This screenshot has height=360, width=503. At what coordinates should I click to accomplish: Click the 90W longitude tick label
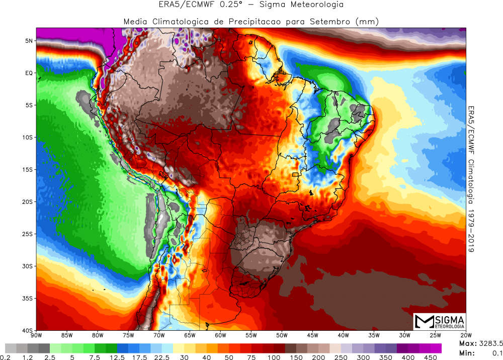coord(36,335)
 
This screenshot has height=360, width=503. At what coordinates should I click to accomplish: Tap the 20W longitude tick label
coord(466,335)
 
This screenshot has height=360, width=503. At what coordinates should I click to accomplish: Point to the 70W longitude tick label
coord(158,335)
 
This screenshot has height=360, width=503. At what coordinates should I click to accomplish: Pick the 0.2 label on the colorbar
coord(6,357)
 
